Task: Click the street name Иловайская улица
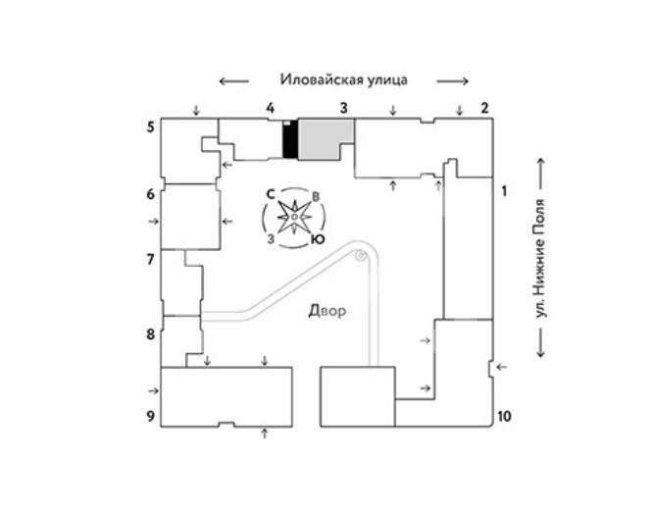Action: (343, 80)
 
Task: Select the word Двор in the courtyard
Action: (327, 312)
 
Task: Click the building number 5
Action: (151, 127)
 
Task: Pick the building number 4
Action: (270, 107)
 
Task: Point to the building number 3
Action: (344, 107)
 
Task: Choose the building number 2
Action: (483, 107)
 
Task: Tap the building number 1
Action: (504, 190)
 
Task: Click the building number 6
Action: (151, 194)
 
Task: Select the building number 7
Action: (151, 260)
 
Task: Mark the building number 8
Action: (151, 334)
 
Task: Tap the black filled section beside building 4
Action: (289, 140)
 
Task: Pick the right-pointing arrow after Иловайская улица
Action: (453, 80)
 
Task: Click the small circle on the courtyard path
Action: (361, 256)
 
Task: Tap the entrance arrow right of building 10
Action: (502, 367)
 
